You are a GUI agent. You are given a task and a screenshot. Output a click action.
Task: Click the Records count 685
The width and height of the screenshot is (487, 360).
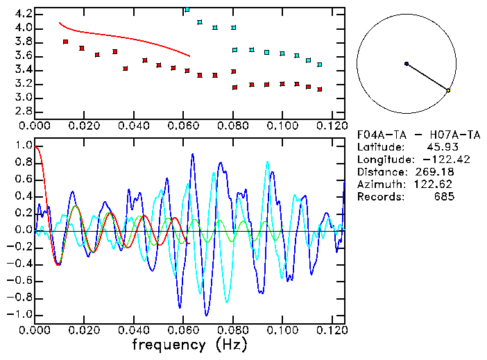(x=444, y=197)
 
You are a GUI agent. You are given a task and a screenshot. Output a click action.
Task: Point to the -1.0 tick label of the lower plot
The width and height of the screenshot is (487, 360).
(x=21, y=314)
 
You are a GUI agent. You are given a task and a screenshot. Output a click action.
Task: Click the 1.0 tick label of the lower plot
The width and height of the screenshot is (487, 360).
(x=24, y=146)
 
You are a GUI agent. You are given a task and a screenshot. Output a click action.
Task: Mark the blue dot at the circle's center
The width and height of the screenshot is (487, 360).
(x=407, y=64)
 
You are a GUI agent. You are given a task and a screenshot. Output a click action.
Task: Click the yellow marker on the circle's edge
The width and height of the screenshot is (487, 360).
(x=448, y=90)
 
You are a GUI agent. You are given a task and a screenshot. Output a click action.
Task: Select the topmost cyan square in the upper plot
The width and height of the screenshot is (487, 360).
(x=187, y=10)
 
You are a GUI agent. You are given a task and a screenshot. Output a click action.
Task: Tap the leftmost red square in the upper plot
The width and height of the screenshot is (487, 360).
(x=66, y=42)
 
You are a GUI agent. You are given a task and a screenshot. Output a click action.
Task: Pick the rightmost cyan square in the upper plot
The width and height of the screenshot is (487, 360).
(x=319, y=65)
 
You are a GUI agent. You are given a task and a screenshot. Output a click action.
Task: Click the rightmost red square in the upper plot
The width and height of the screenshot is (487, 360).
(x=319, y=89)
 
